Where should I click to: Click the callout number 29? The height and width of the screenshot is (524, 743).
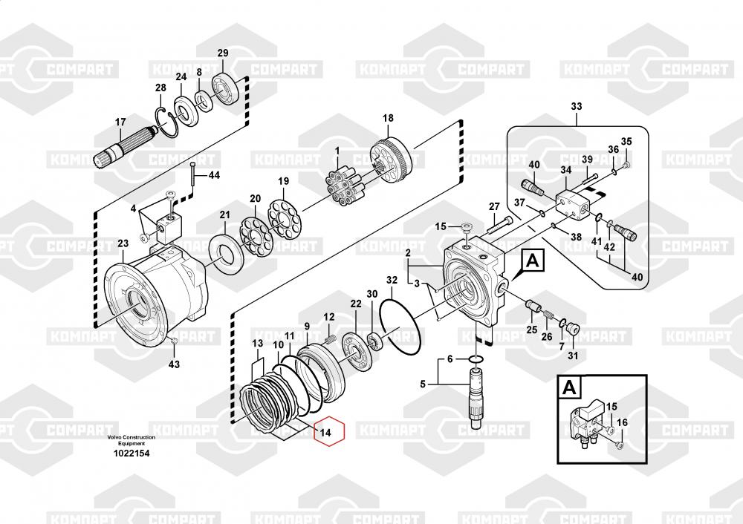pos(223,53)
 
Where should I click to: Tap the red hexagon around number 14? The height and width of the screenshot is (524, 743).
pos(329,431)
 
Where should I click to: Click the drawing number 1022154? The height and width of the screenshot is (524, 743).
pos(132,453)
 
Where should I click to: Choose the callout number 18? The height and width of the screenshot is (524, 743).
pos(388,118)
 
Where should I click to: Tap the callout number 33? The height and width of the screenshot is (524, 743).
pos(577,106)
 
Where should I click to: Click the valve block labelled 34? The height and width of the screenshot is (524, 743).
pos(571,203)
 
